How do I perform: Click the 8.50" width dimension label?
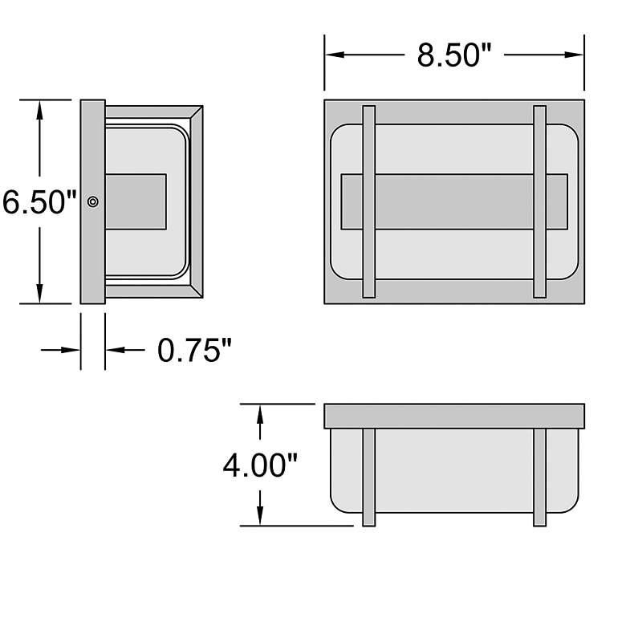[x=454, y=55]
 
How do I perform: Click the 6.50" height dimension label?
[x=39, y=202]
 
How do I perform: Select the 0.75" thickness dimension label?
[x=194, y=350]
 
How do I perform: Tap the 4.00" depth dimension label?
[x=260, y=465]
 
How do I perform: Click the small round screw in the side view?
[x=93, y=201]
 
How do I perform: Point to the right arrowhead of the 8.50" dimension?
[x=574, y=55]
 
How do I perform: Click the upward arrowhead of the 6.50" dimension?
[x=39, y=110]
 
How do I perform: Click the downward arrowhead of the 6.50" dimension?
[x=39, y=294]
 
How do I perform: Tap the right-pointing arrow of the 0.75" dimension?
[x=60, y=350]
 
